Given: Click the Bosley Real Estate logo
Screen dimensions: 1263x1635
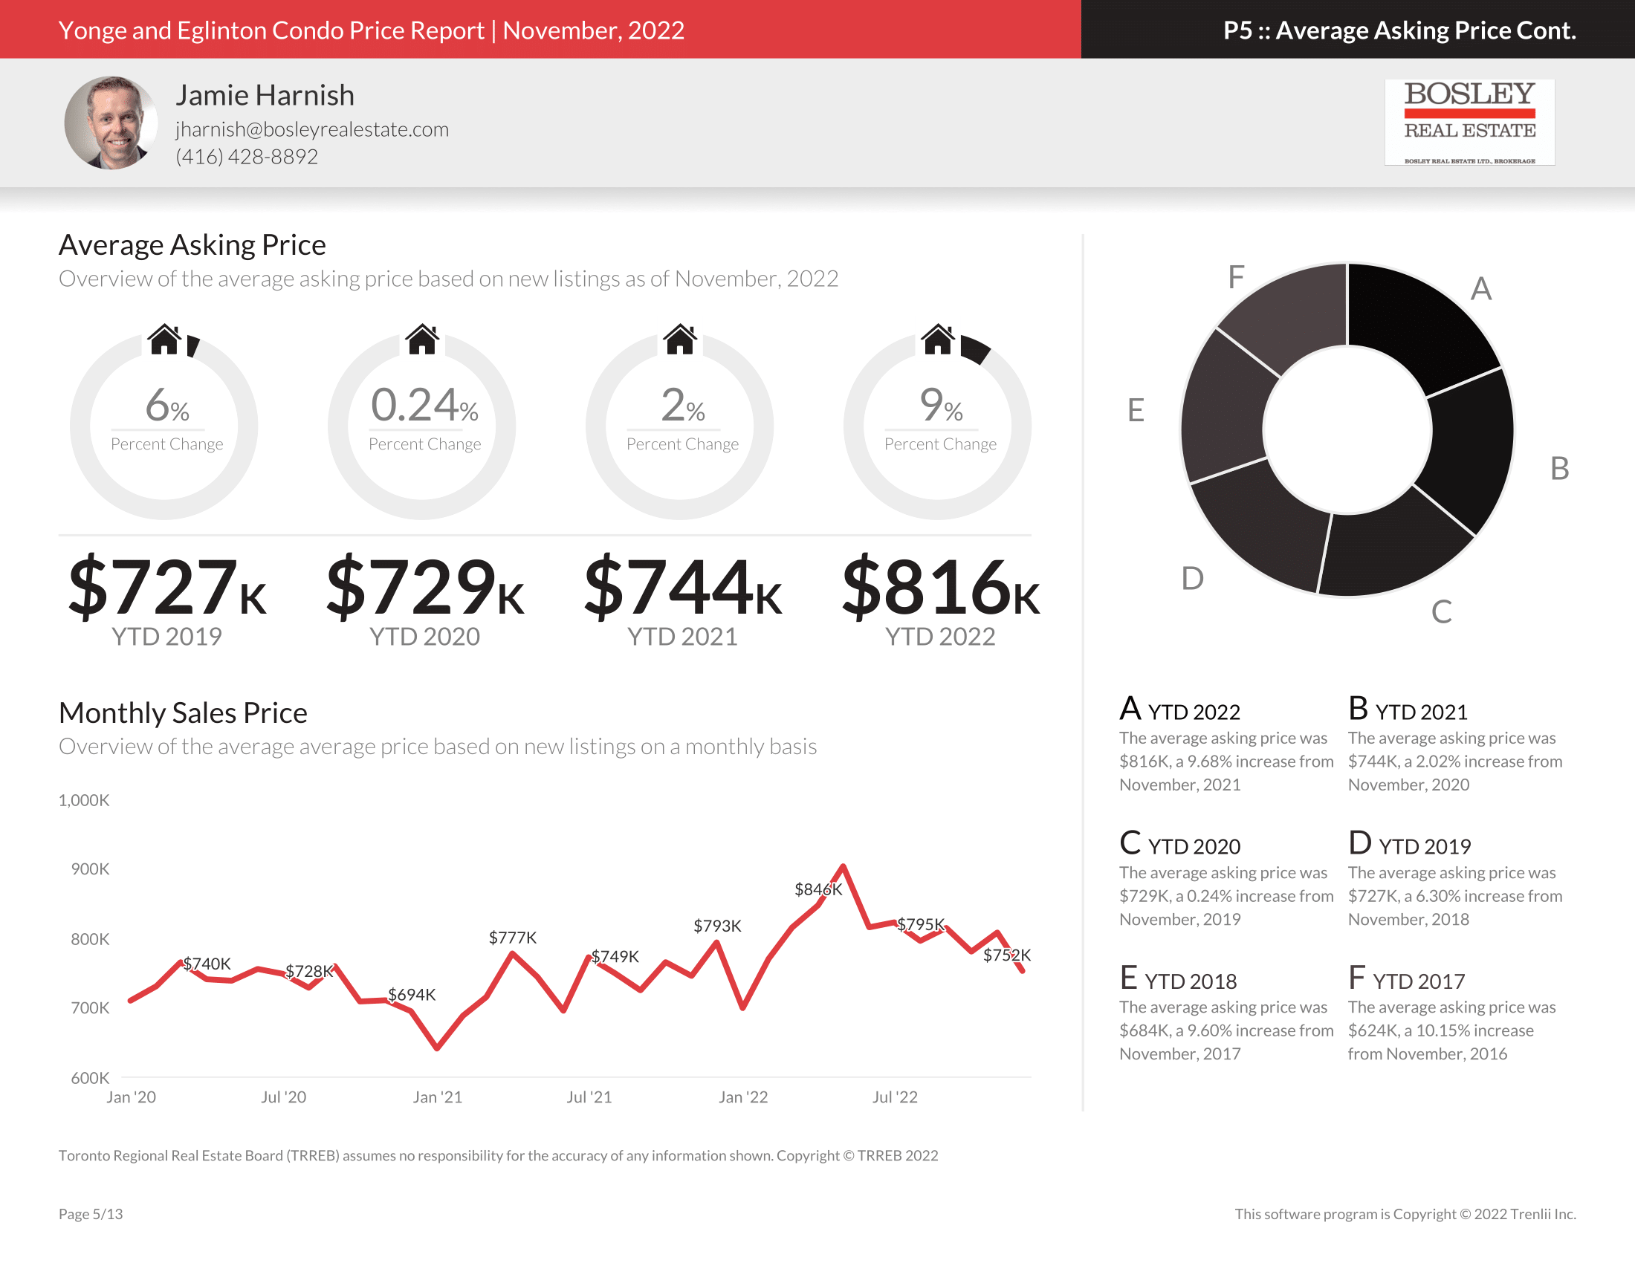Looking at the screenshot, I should [x=1469, y=122].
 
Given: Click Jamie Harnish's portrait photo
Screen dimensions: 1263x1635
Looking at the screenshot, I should [x=111, y=123].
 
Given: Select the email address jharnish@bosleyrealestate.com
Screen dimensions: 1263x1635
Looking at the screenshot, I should [x=312, y=129].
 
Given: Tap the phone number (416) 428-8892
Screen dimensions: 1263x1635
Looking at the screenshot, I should [x=246, y=157].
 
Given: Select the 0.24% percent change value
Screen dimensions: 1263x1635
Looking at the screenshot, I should [x=424, y=406].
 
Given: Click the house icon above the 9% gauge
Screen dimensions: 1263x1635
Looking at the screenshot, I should [x=937, y=340].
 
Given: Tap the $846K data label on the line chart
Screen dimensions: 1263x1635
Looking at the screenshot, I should [x=817, y=889].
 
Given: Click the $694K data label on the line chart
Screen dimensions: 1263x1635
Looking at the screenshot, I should [x=411, y=994].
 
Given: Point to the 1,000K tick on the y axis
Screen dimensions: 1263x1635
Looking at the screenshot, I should [x=84, y=801].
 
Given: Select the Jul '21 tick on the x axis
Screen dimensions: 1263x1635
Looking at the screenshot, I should [x=589, y=1097].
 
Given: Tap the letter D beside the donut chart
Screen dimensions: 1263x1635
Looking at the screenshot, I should [x=1192, y=578].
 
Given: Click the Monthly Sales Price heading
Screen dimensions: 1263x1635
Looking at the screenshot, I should [x=183, y=713].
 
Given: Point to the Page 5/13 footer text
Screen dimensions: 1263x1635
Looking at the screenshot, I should [x=91, y=1214].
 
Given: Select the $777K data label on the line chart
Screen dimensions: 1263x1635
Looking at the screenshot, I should [x=512, y=938].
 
